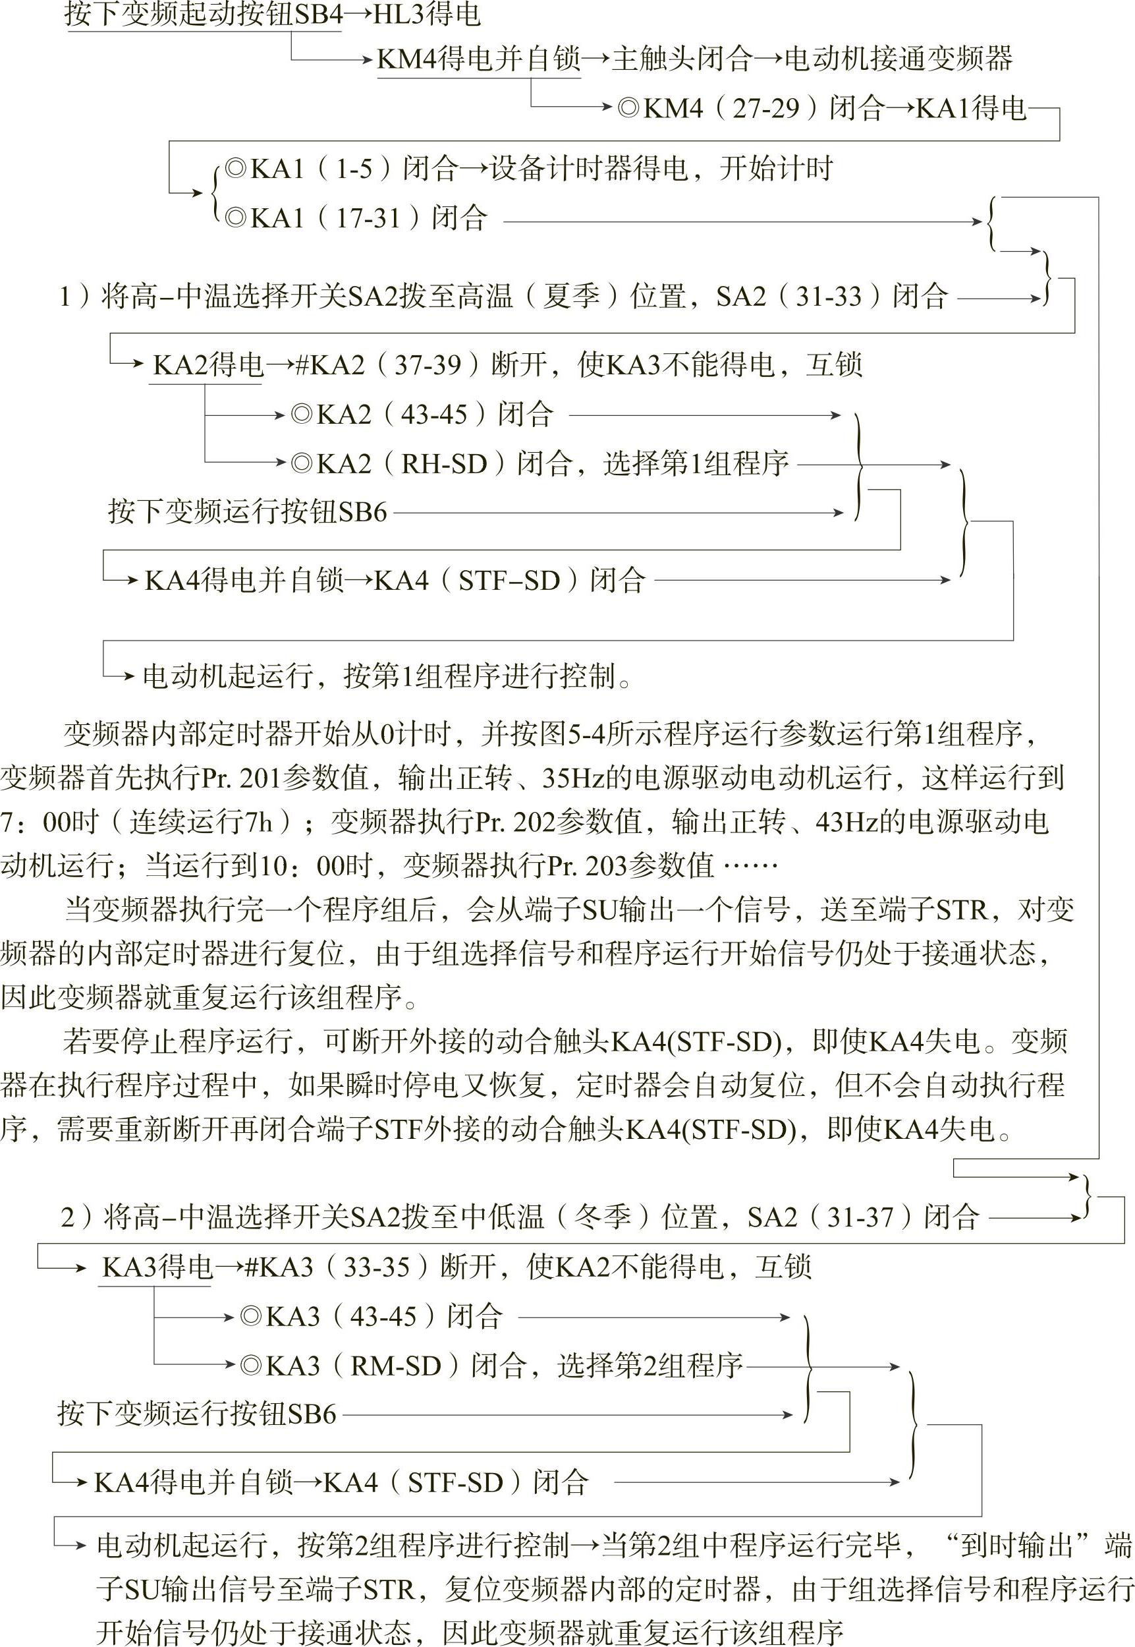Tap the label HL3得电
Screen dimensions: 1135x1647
(x=427, y=14)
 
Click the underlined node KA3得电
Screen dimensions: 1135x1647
(x=157, y=1268)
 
